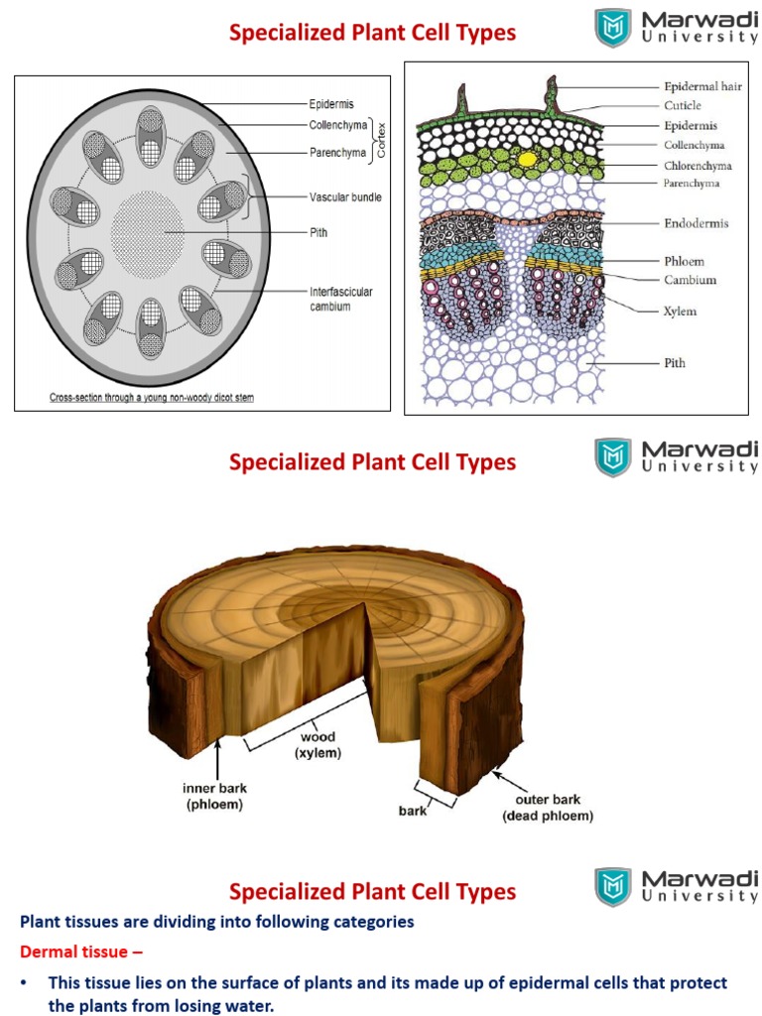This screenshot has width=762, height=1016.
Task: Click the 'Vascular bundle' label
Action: pyautogui.click(x=344, y=197)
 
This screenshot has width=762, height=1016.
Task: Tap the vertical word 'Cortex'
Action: pyautogui.click(x=379, y=138)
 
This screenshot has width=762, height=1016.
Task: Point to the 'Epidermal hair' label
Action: pyautogui.click(x=702, y=86)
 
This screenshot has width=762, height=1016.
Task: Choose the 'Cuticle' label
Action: pyautogui.click(x=682, y=105)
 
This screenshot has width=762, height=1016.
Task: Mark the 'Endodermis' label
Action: pyautogui.click(x=696, y=223)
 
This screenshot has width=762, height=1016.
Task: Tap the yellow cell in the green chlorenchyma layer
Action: pyautogui.click(x=528, y=158)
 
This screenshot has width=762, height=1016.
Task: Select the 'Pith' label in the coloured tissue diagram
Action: pyautogui.click(x=674, y=363)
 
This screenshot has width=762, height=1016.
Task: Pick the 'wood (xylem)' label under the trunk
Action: pyautogui.click(x=317, y=745)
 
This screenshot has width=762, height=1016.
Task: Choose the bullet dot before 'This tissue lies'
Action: pyautogui.click(x=24, y=983)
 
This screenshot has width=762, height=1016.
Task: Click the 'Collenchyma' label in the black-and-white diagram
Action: pyautogui.click(x=337, y=125)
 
